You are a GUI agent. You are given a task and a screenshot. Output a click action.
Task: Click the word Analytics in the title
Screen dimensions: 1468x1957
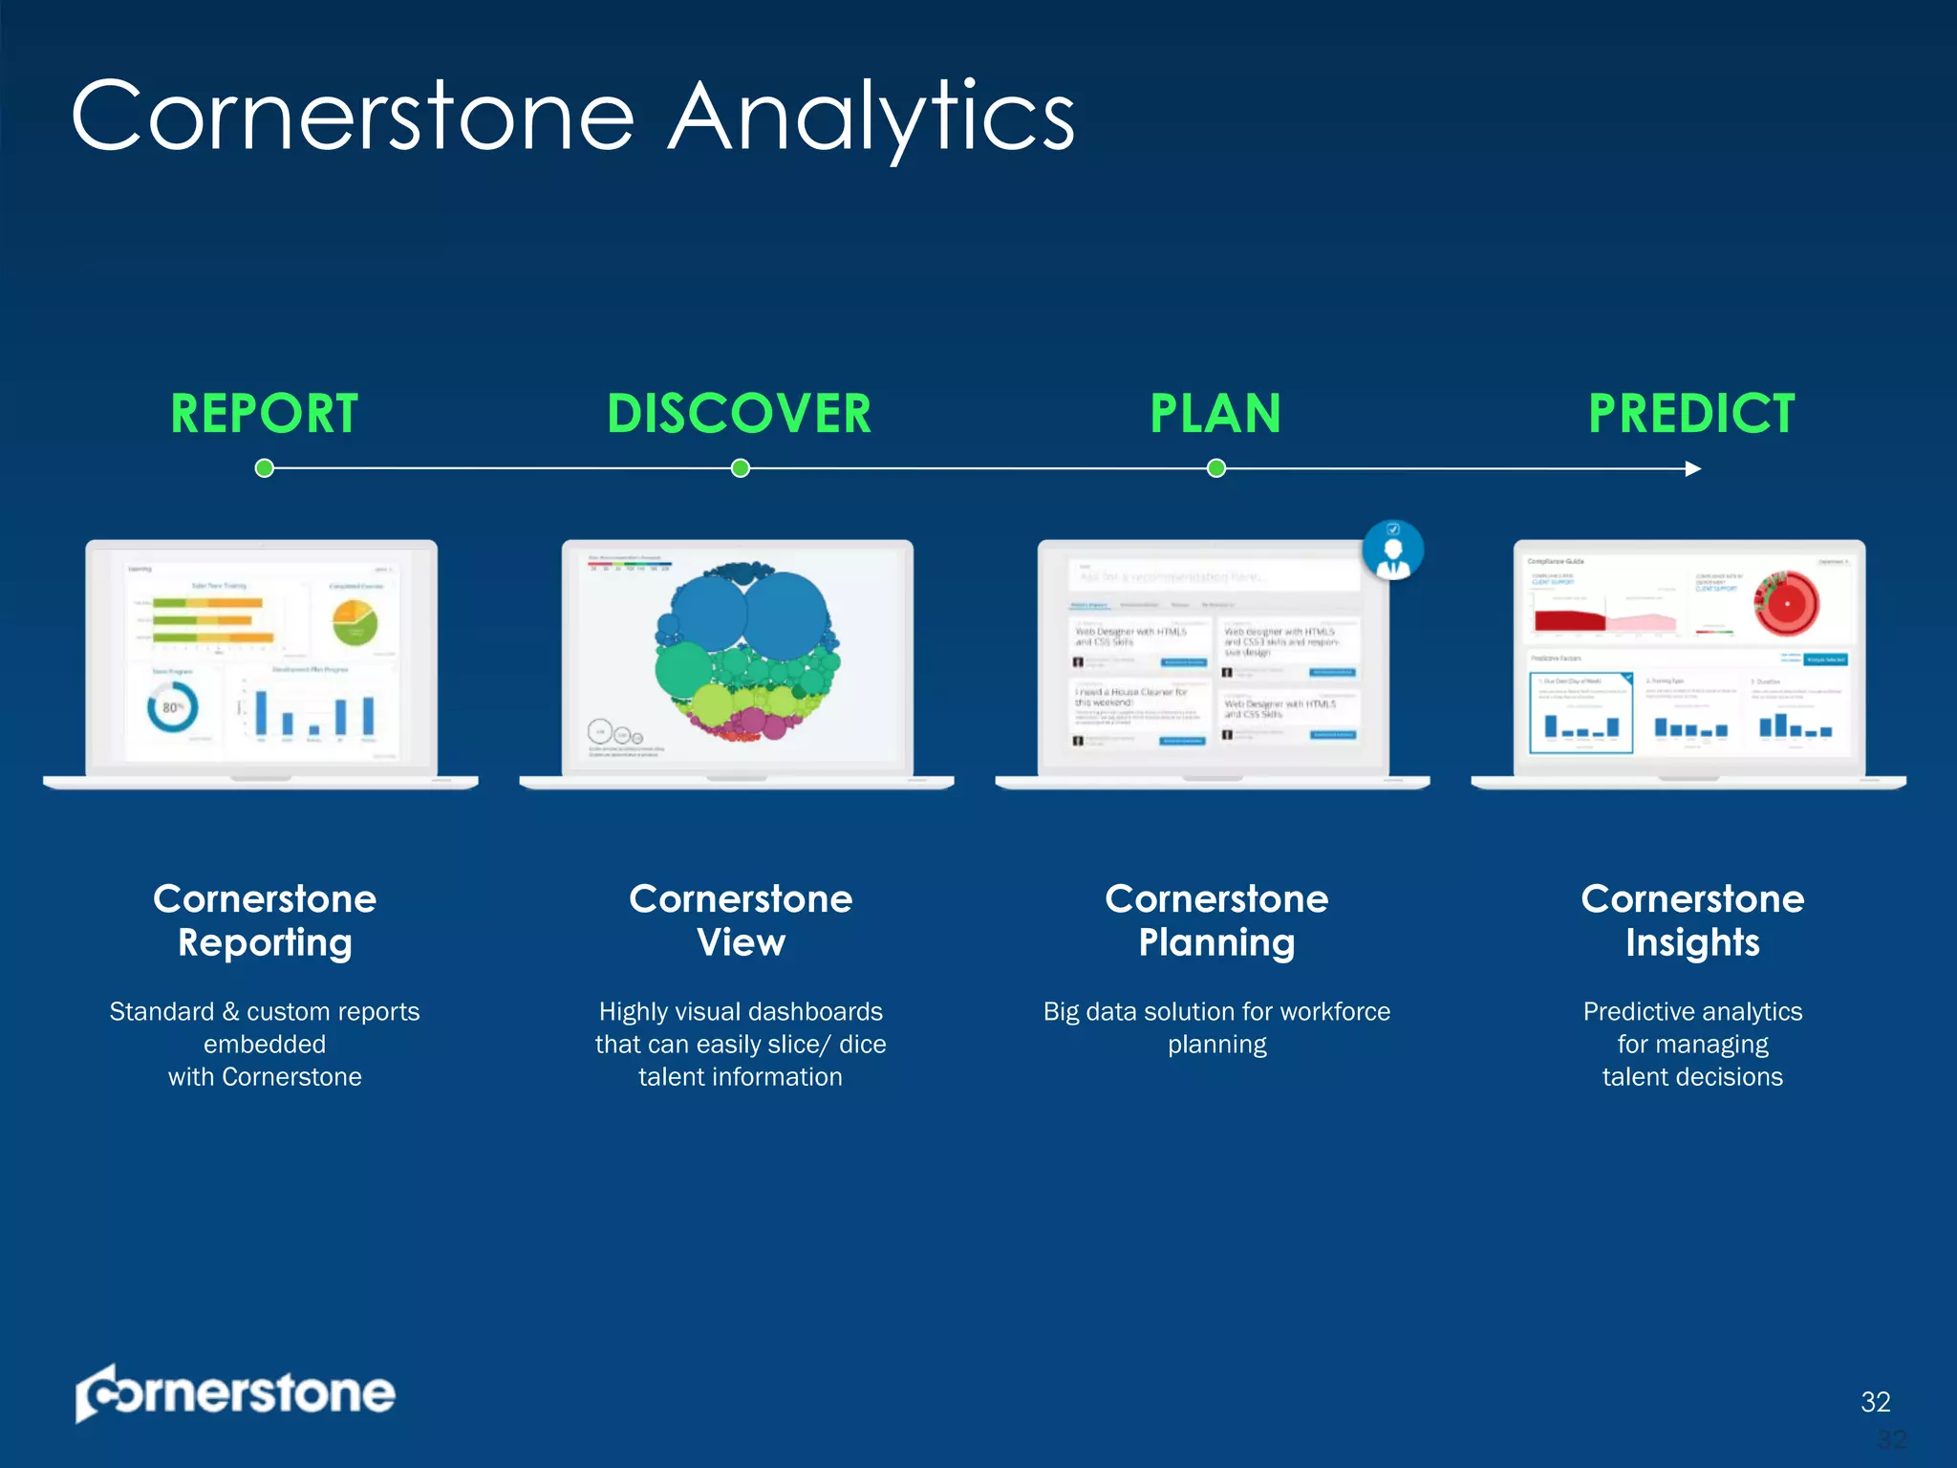click(x=871, y=119)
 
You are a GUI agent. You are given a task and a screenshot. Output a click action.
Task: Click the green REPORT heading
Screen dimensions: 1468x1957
click(x=265, y=414)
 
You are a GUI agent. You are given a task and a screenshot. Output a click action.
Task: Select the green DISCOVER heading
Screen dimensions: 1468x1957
click(x=740, y=414)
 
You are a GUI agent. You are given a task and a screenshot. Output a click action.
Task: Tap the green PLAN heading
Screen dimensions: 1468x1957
click(x=1215, y=414)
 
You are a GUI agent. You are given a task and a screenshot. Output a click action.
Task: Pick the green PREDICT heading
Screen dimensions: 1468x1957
click(x=1691, y=414)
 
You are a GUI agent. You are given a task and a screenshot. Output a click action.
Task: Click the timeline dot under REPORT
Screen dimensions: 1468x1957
click(x=265, y=468)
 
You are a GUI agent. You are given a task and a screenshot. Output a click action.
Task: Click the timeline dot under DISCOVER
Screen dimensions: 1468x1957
click(x=741, y=468)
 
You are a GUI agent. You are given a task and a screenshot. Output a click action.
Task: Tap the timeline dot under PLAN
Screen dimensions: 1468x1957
click(x=1216, y=468)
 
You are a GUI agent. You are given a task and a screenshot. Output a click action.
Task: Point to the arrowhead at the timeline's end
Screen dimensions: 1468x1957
click(x=1693, y=468)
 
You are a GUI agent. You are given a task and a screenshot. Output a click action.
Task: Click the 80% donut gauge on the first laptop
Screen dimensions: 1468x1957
click(x=173, y=707)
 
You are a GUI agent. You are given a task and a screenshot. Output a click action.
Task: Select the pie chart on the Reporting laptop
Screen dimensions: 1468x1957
click(x=355, y=623)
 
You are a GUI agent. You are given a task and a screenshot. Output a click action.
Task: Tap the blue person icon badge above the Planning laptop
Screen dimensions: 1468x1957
click(x=1393, y=550)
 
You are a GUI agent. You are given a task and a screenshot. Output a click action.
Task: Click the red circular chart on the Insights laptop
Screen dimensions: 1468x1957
click(x=1786, y=604)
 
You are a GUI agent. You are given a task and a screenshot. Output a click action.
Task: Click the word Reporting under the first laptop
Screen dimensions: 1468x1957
click(x=265, y=943)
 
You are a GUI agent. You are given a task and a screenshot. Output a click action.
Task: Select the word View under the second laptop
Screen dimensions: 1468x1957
click(x=741, y=943)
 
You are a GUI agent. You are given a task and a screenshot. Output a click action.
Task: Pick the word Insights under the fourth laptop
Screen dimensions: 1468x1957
click(x=1692, y=943)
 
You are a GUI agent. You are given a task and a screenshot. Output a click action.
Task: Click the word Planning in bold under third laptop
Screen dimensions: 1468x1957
click(x=1216, y=943)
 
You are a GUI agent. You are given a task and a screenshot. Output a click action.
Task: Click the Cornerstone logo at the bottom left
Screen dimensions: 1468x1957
click(x=236, y=1393)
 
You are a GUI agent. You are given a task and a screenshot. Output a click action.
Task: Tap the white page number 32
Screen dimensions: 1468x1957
click(x=1876, y=1401)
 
